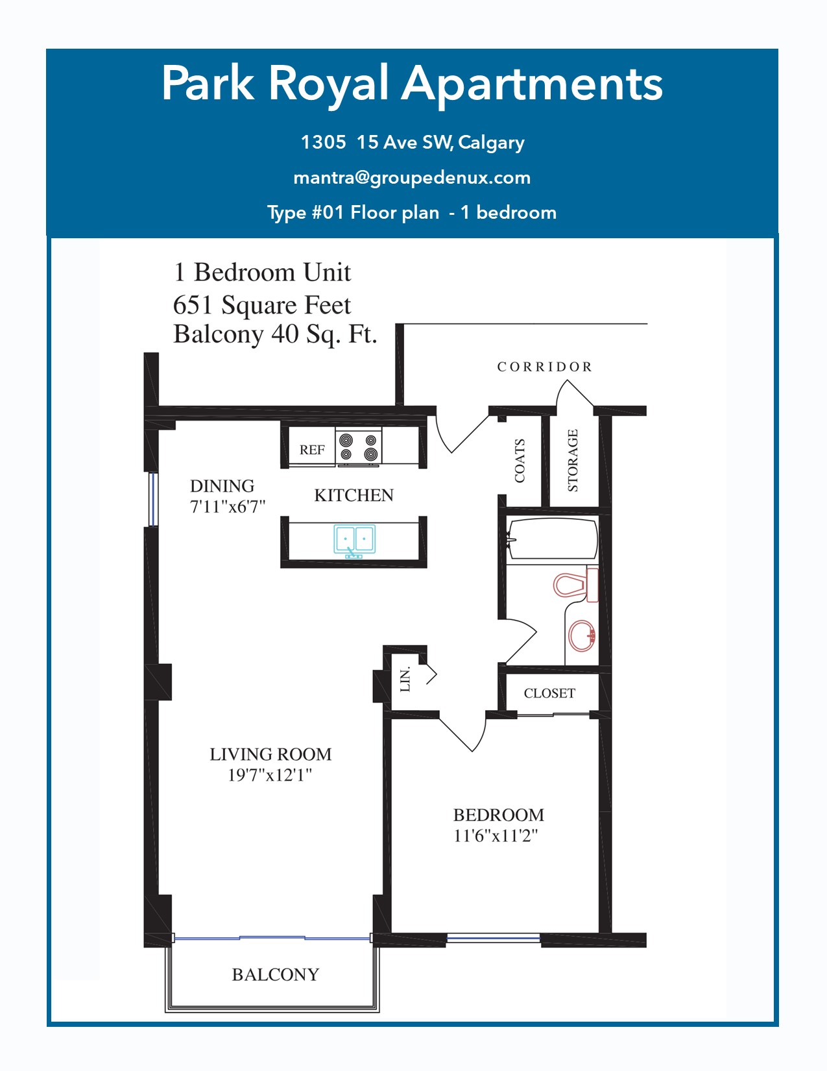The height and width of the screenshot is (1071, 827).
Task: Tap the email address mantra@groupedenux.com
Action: pyautogui.click(x=413, y=178)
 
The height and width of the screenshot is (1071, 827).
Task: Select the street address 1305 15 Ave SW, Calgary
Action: pyautogui.click(x=413, y=142)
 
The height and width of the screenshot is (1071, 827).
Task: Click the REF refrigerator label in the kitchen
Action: pyautogui.click(x=312, y=449)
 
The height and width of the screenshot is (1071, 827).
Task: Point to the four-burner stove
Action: pyautogui.click(x=358, y=447)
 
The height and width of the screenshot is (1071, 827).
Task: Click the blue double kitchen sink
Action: pyautogui.click(x=355, y=541)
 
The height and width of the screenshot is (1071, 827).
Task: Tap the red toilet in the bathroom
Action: pyautogui.click(x=575, y=585)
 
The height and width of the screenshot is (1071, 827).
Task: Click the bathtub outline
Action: pyautogui.click(x=552, y=538)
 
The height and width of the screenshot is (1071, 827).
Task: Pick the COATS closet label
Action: pyautogui.click(x=520, y=460)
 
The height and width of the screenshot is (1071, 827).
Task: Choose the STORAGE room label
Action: pyautogui.click(x=572, y=460)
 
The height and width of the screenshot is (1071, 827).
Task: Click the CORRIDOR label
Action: pyautogui.click(x=544, y=367)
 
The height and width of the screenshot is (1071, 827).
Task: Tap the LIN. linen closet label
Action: pyautogui.click(x=405, y=681)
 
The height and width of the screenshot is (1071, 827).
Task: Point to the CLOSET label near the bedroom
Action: pyautogui.click(x=549, y=693)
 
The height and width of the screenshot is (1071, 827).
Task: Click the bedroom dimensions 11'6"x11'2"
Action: pyautogui.click(x=496, y=836)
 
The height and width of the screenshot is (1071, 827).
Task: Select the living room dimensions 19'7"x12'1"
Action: pyautogui.click(x=270, y=775)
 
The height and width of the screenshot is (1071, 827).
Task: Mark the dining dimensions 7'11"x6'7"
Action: pyautogui.click(x=228, y=507)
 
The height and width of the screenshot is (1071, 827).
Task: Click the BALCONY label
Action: pyautogui.click(x=276, y=974)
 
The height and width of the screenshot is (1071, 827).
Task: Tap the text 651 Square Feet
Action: pyautogui.click(x=262, y=305)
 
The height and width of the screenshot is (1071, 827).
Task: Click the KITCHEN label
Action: pyautogui.click(x=354, y=495)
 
